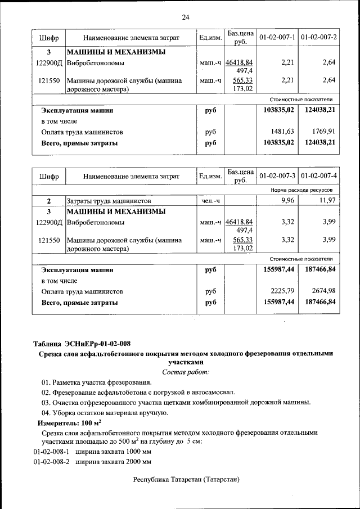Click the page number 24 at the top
(x=185, y=17)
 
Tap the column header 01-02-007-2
(x=319, y=37)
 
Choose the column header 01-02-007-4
(x=319, y=176)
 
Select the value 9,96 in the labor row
(x=287, y=200)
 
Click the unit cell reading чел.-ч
(x=211, y=201)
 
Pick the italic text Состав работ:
(x=185, y=372)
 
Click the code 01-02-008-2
(x=51, y=462)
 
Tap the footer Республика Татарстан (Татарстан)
(x=186, y=480)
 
